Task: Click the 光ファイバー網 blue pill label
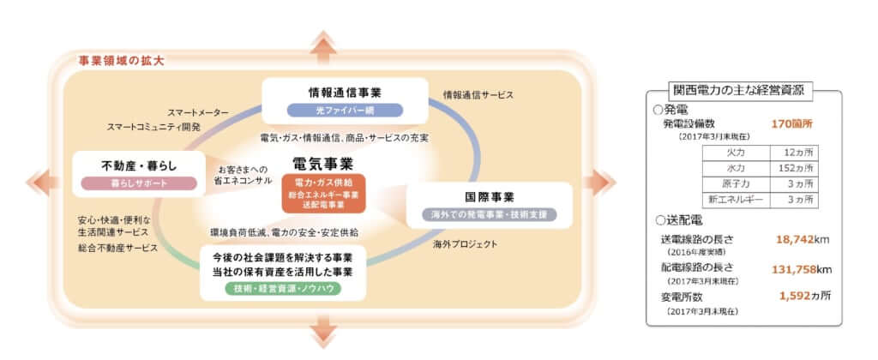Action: tap(344, 111)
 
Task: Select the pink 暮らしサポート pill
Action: tap(138, 183)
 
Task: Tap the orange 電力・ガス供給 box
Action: tap(324, 183)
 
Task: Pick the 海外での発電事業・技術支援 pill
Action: tap(488, 214)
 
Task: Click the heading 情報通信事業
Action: tap(344, 92)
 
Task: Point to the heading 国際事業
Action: tap(488, 195)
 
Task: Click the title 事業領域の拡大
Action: tap(120, 62)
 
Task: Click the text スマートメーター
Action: tap(198, 112)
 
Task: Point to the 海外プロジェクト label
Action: tap(466, 244)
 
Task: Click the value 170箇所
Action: tap(791, 123)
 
